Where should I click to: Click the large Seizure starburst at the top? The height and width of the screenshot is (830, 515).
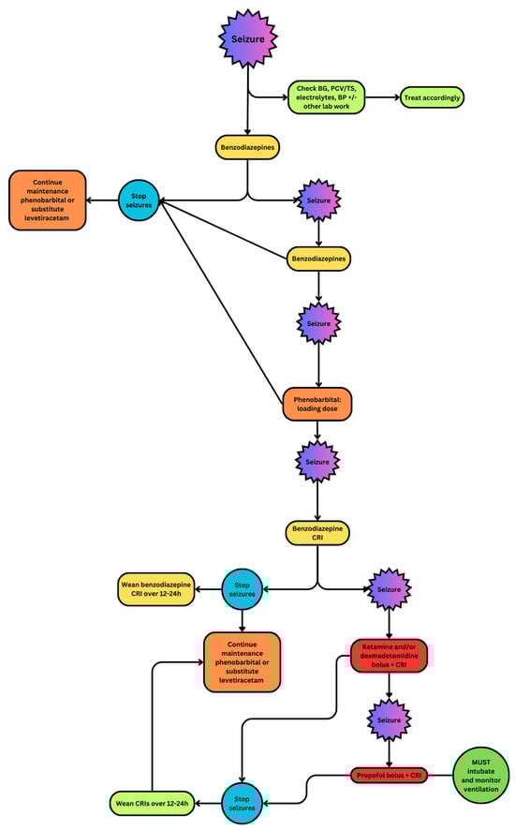coord(248,40)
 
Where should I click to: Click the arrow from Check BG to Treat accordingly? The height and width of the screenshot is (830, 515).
coord(390,96)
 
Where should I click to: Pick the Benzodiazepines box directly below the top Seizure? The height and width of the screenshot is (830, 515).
coord(248,147)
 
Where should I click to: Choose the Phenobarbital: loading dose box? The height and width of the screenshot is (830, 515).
coord(317,403)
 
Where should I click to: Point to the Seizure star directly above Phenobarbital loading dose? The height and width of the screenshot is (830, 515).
coord(318,323)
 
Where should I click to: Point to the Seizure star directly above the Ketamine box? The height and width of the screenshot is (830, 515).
coord(389,590)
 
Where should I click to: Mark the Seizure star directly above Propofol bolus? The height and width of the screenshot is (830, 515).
coord(389,723)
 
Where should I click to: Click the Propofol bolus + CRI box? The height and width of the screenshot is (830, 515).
coord(389,776)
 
